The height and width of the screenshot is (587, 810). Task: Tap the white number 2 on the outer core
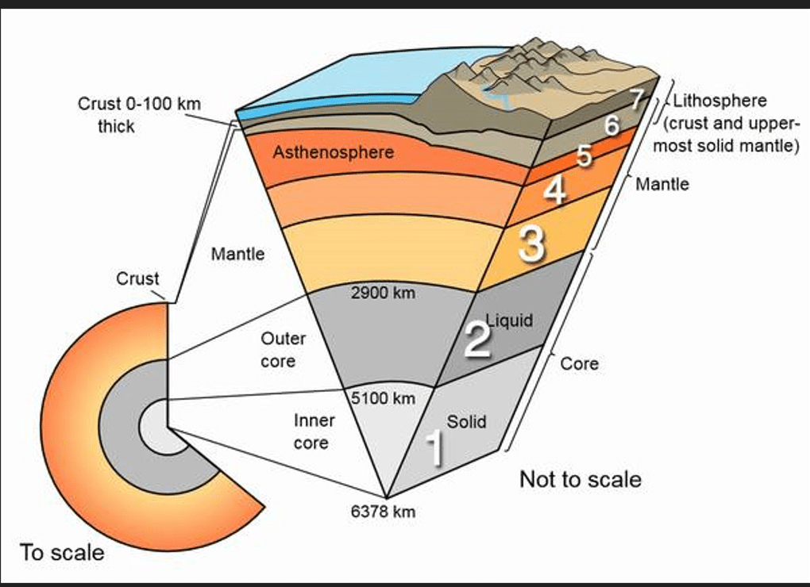(477, 339)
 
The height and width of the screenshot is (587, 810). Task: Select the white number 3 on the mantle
(531, 244)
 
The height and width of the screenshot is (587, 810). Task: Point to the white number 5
(584, 156)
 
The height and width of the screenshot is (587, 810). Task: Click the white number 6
(611, 125)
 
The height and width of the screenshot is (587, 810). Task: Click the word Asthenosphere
(333, 152)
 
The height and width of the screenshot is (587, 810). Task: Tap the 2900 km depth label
(383, 293)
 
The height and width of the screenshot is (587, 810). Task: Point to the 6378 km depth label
(383, 512)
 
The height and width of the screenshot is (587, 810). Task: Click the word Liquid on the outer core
(509, 320)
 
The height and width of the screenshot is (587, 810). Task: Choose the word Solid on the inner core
(466, 422)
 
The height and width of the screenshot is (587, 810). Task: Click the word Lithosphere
(719, 102)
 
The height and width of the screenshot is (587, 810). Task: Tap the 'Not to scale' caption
(580, 479)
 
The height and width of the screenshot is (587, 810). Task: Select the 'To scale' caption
(62, 552)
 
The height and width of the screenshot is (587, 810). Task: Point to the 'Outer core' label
(283, 350)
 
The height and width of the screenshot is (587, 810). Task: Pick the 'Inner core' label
(314, 432)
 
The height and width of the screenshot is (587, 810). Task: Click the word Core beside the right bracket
(580, 364)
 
